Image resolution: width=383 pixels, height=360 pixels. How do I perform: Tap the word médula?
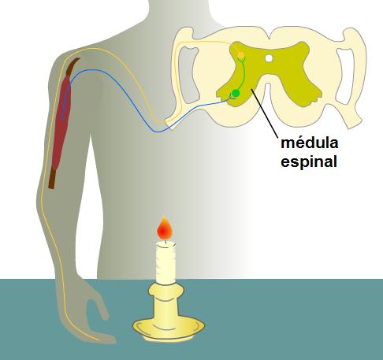[310, 143]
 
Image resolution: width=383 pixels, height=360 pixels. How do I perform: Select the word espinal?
[309, 161]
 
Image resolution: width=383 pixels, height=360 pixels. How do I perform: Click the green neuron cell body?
[236, 93]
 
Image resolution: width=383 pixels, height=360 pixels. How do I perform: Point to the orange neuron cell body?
[241, 55]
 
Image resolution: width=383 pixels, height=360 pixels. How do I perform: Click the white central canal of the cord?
[269, 58]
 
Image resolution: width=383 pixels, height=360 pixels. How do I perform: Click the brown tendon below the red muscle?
[52, 179]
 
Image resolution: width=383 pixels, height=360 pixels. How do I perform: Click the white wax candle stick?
[165, 262]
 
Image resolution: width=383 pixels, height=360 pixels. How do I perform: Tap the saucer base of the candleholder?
[169, 328]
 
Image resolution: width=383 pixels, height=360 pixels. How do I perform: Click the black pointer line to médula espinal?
[265, 113]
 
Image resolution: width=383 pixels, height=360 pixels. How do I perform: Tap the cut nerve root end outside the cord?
[169, 124]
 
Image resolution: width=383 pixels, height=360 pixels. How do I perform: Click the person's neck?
[180, 13]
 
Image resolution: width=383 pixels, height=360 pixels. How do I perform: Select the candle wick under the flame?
[165, 242]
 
